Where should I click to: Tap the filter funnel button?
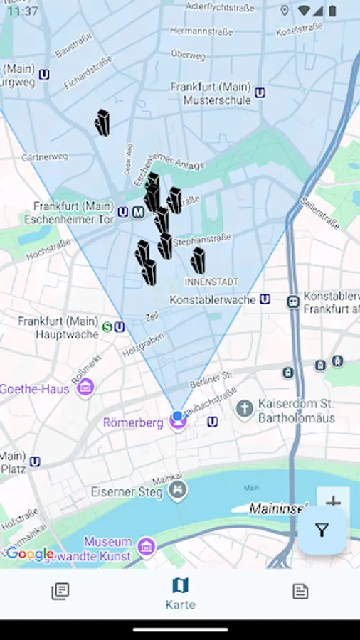click(322, 530)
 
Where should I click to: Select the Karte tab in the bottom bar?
click(180, 593)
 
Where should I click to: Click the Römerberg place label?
click(134, 422)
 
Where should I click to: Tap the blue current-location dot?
click(177, 416)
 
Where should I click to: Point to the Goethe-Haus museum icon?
click(86, 388)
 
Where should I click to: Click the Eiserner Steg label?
click(128, 491)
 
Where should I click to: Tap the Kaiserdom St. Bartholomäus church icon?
click(245, 409)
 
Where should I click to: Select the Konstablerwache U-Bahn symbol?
click(265, 299)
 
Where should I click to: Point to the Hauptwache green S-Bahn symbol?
click(107, 327)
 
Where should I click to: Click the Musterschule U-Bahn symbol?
click(260, 92)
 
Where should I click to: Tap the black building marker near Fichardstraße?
click(102, 123)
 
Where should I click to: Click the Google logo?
click(30, 554)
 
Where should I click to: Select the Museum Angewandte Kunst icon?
click(147, 546)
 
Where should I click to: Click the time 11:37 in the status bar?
click(23, 11)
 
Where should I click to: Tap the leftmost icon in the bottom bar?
click(60, 591)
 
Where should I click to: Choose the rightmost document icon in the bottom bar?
click(300, 591)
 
